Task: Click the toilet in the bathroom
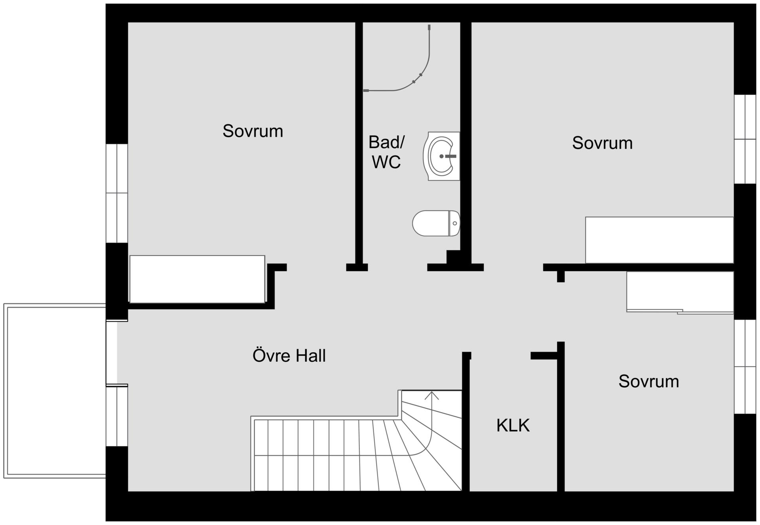[x=436, y=223]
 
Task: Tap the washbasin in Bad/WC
[x=441, y=156]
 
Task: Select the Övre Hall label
[x=289, y=355]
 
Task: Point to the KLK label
[x=513, y=426]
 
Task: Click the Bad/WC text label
[x=386, y=152]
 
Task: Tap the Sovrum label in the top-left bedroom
[x=253, y=131]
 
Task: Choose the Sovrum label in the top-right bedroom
[x=602, y=143]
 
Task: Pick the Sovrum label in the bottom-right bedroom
[x=648, y=381]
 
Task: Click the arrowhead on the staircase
[x=431, y=395]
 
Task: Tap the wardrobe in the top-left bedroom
[x=197, y=279]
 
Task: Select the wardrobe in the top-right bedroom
[x=659, y=240]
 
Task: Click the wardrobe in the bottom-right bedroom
[x=680, y=292]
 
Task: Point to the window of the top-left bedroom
[x=117, y=193]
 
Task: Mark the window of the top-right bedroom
[x=745, y=139]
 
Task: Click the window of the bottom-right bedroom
[x=745, y=367]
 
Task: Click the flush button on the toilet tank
[x=455, y=223]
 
